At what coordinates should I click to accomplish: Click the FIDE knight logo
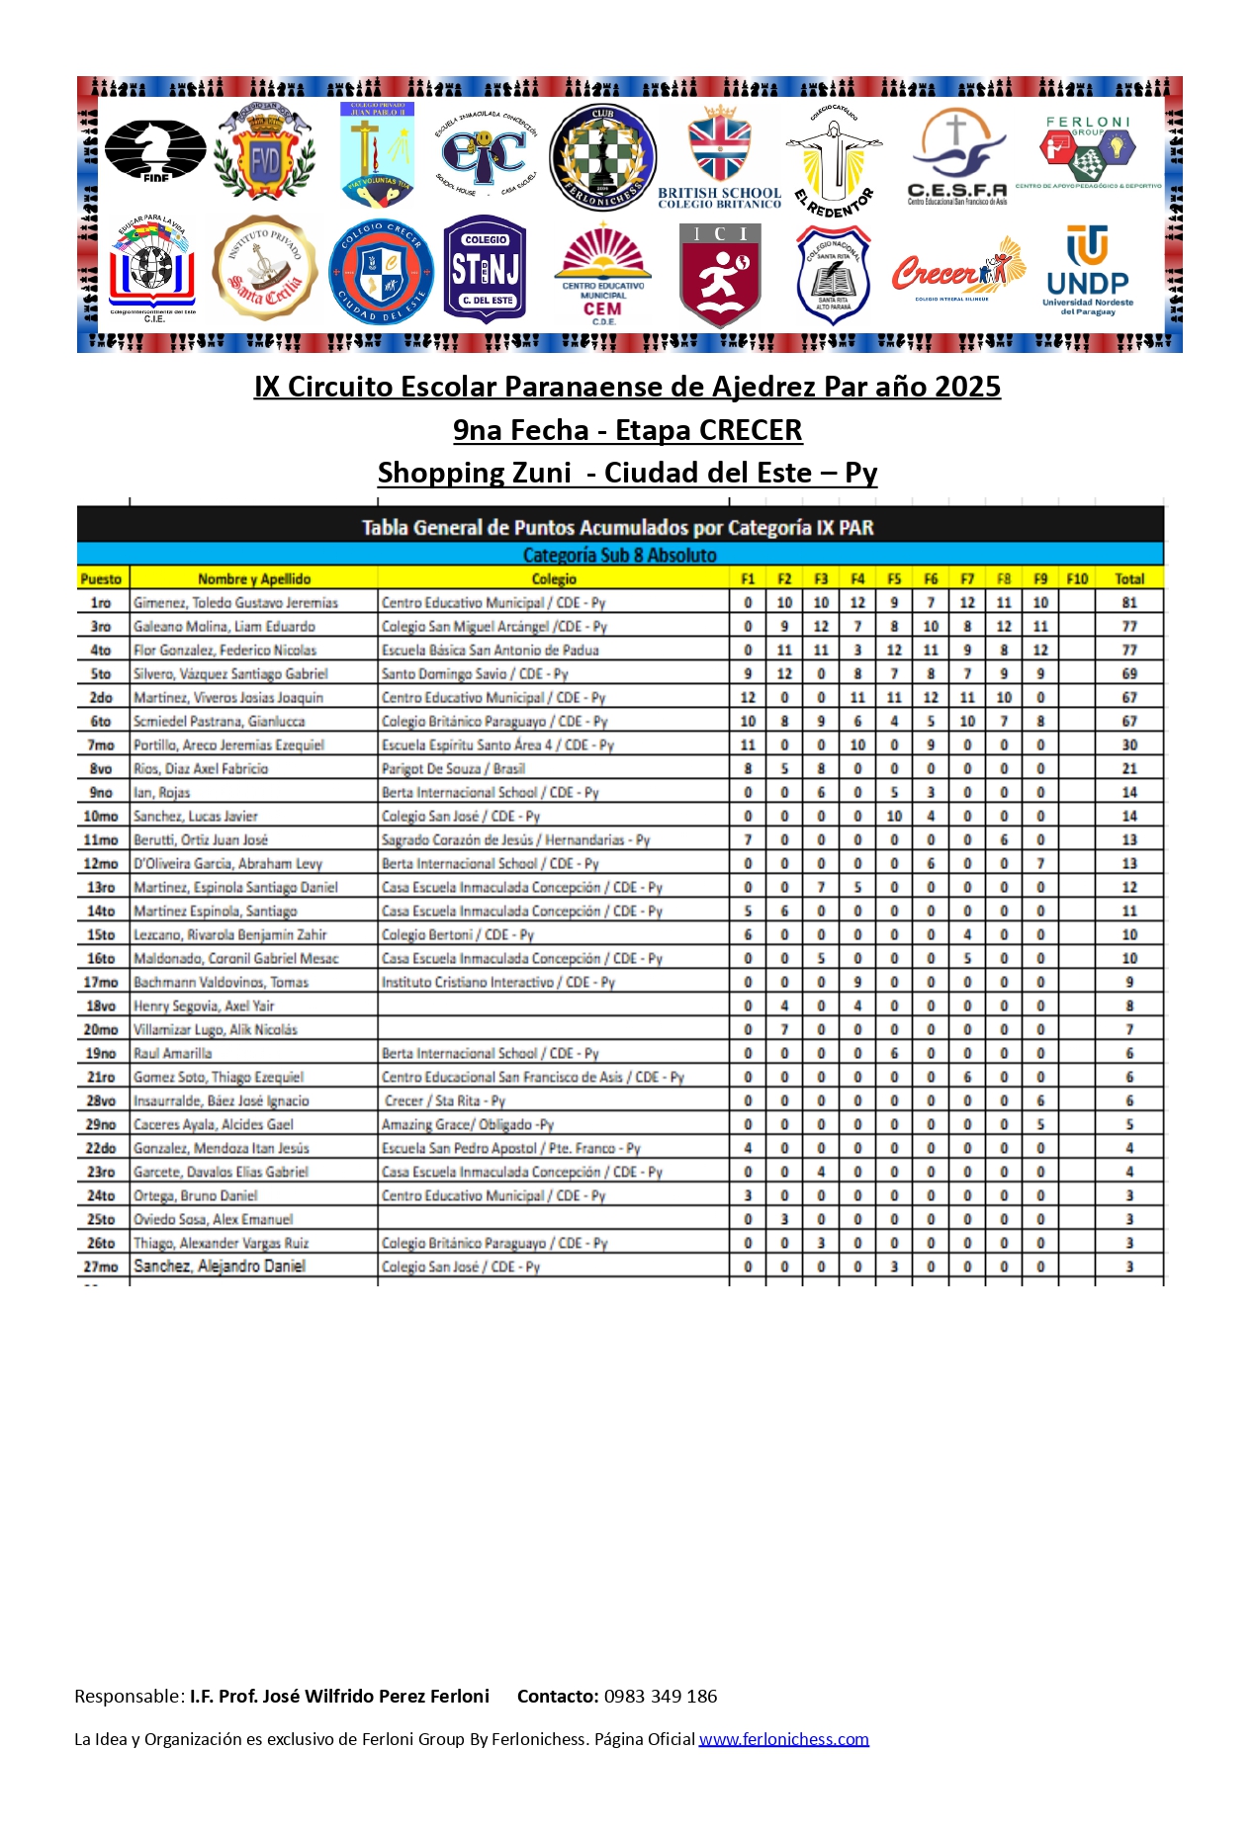point(155,151)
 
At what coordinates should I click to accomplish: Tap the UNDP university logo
point(1087,271)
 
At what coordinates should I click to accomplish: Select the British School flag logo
point(720,156)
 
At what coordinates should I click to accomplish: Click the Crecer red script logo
point(957,270)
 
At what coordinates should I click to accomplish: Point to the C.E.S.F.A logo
point(957,156)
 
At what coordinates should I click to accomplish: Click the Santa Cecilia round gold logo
point(264,269)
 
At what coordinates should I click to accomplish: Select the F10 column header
point(1077,579)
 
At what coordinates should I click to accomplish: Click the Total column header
point(1129,579)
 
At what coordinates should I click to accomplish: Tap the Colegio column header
point(554,579)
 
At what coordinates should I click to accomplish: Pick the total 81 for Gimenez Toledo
point(1129,603)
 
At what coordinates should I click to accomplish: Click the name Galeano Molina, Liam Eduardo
point(224,627)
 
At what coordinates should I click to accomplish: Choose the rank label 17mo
point(101,983)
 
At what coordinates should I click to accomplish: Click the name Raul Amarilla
point(173,1054)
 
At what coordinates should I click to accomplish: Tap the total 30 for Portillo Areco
point(1129,745)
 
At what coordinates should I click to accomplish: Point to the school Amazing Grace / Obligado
point(468,1125)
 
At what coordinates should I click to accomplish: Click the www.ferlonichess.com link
point(783,1739)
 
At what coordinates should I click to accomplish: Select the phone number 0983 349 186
point(661,1697)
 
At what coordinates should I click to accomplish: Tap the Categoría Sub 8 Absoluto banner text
point(620,556)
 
